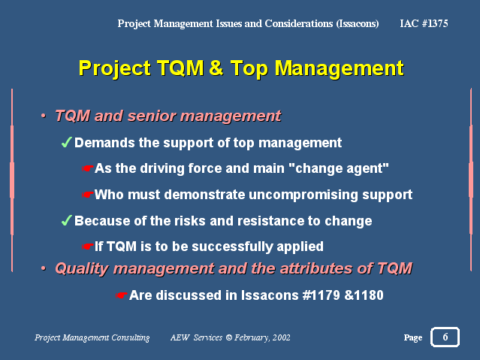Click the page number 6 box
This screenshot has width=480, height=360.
445,337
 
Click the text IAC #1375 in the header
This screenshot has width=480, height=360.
424,23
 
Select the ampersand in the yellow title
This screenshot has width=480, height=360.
216,68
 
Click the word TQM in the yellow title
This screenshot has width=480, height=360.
180,68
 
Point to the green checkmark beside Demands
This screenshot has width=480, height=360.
66,142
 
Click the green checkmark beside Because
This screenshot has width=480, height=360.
66,220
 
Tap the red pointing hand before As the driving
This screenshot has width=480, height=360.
87,168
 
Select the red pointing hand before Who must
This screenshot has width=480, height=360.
87,195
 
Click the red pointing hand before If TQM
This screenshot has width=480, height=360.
87,247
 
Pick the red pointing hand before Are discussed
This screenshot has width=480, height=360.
121,295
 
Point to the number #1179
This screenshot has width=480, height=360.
321,295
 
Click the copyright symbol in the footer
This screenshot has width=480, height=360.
228,337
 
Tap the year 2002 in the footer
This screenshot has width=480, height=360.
282,337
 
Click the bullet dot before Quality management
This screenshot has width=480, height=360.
44,268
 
